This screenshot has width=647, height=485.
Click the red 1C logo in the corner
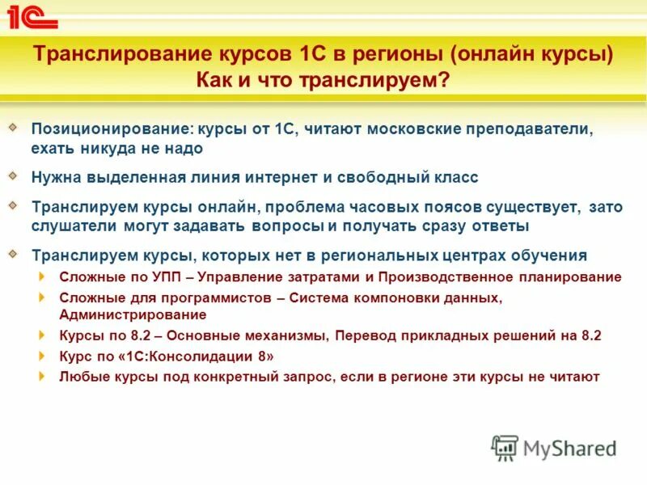click(x=30, y=16)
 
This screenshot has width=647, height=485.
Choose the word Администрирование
click(x=133, y=314)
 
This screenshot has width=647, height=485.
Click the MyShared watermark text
click(x=569, y=449)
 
